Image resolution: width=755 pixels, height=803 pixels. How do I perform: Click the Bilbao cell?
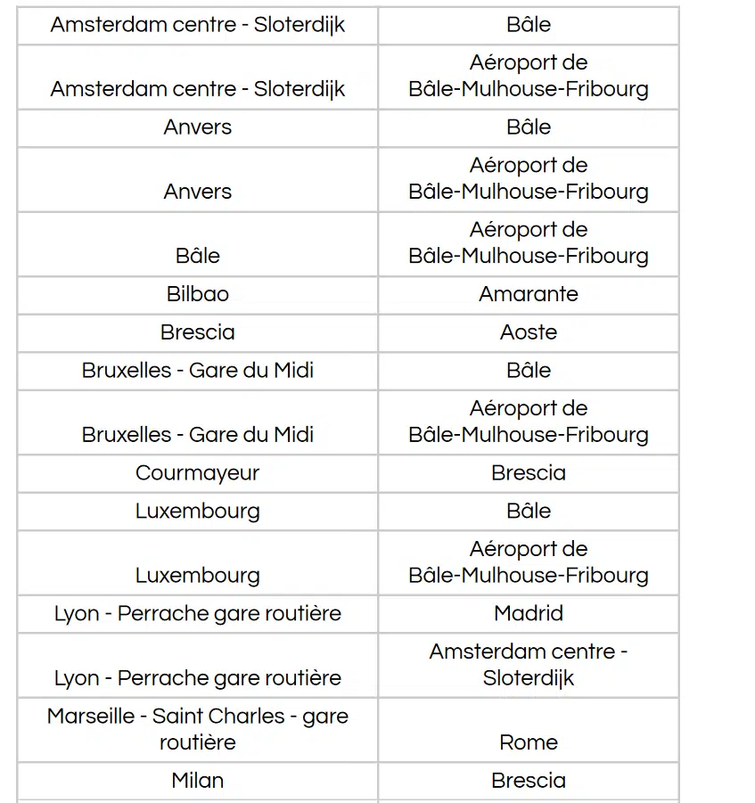point(197,294)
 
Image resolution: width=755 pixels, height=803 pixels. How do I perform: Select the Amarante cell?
point(528,294)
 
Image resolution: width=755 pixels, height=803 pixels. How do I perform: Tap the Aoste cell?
point(528,332)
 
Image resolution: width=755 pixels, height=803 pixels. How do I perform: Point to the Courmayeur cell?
point(197,473)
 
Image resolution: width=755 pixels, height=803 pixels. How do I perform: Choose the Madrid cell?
point(528,613)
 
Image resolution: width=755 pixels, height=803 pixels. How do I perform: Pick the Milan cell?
point(197,781)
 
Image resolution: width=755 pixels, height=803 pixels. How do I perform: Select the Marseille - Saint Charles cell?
point(197,729)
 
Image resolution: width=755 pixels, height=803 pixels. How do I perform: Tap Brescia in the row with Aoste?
point(197,332)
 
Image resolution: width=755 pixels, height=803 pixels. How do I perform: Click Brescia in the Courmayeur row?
point(528,473)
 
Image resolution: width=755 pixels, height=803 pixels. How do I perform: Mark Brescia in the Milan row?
point(528,781)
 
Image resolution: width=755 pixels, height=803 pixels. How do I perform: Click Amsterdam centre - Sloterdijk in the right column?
point(528,665)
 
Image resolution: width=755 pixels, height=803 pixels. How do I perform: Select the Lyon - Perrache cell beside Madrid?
point(197,613)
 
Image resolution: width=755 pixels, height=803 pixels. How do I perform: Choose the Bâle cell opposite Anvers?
point(528,127)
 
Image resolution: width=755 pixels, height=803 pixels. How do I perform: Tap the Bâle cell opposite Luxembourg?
point(528,512)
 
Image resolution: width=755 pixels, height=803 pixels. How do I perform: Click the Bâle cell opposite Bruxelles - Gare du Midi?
point(528,371)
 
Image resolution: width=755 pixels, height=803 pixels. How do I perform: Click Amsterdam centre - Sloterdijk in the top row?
point(197,25)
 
